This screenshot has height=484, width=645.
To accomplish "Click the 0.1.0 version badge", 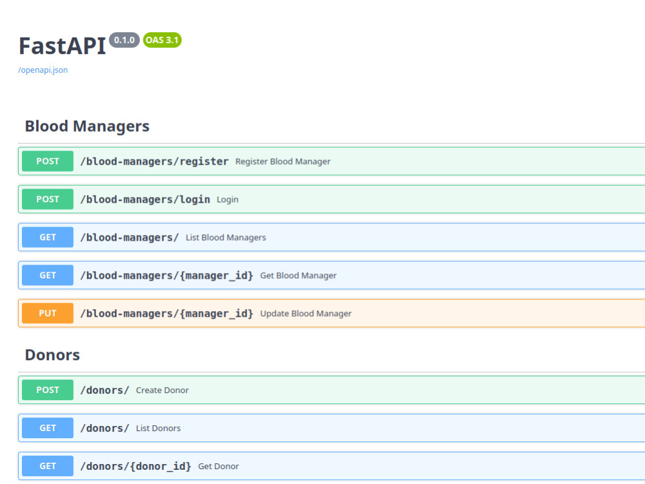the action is tap(124, 40).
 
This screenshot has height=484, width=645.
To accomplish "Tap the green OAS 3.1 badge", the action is tap(162, 40).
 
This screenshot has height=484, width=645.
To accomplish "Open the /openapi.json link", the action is tap(43, 70).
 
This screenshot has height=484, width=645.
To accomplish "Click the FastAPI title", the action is tap(63, 46).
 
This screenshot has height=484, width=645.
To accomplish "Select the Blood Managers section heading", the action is tap(87, 126).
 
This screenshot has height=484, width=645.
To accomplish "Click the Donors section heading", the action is tap(52, 355).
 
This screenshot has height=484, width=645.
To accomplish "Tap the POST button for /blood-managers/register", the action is tap(48, 161).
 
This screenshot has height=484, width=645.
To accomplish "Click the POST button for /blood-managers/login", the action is tap(48, 199).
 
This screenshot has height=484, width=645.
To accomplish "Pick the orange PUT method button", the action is tap(48, 313).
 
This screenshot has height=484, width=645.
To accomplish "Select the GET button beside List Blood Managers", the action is tap(48, 237).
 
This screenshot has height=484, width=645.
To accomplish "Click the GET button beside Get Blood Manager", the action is tap(48, 276).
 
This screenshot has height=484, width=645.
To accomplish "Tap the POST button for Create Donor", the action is tap(48, 390).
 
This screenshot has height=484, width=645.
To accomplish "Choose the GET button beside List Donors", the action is tap(48, 428).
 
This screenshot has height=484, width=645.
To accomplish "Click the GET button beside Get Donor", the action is tap(48, 466).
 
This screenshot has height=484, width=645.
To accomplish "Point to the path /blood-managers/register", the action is tap(154, 161).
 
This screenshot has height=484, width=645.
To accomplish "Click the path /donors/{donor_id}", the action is tap(135, 467).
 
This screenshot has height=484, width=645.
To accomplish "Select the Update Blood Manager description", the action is tap(306, 314).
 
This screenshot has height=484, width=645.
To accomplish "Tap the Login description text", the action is tap(228, 199).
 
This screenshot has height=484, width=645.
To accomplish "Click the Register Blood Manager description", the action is tap(283, 161).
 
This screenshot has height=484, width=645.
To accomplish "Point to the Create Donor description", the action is tap(163, 390).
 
